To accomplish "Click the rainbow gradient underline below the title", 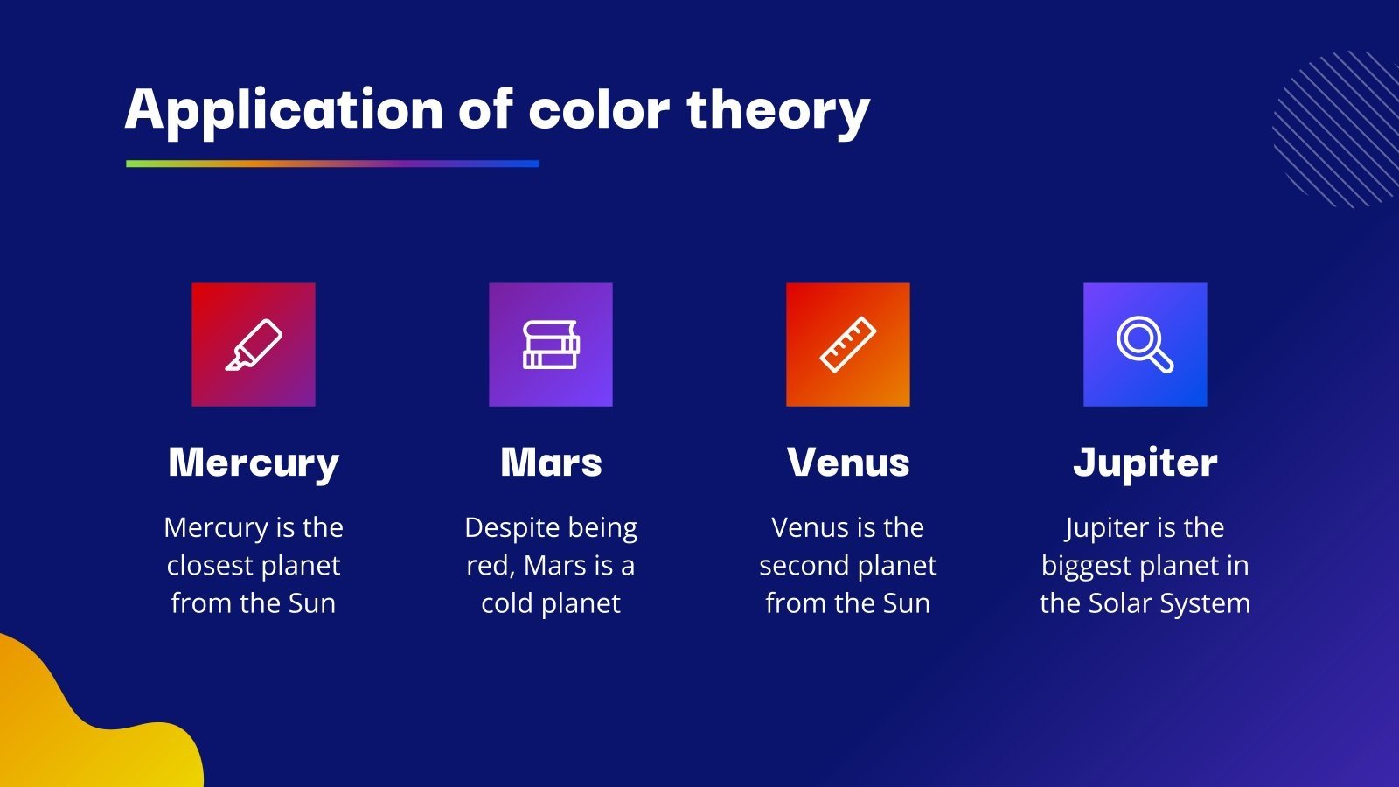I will [332, 164].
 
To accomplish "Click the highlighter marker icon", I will [254, 345].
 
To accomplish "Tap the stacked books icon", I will [551, 345].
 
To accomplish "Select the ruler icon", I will [848, 345].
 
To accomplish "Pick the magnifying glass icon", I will [1145, 345].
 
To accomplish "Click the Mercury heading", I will [254, 463].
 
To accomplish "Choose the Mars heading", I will [551, 463].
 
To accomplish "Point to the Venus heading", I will [848, 463].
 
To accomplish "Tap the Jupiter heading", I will [1145, 463].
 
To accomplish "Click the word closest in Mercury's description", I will [208, 566].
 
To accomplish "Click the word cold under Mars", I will [506, 603].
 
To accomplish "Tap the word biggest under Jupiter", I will [1081, 567].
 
